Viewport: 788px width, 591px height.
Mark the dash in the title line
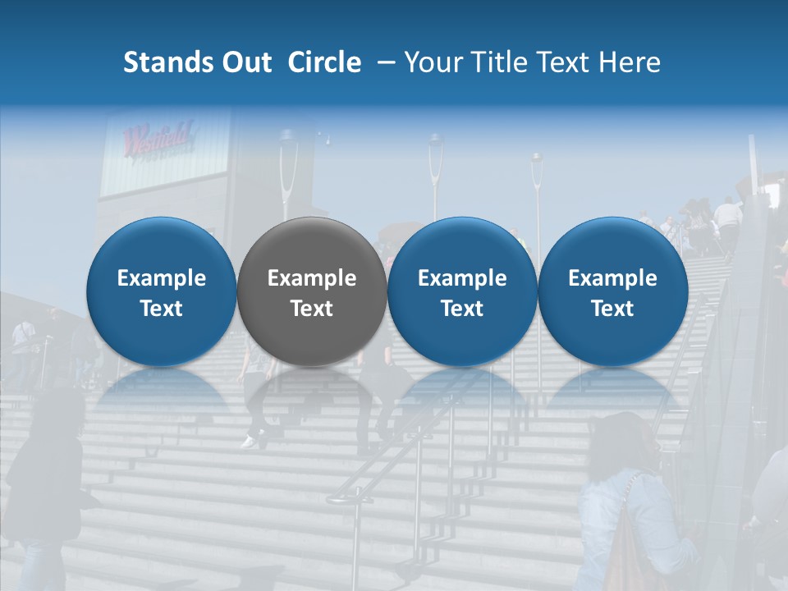(382, 63)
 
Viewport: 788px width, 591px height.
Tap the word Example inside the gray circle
(312, 278)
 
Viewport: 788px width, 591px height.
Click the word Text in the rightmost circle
(612, 309)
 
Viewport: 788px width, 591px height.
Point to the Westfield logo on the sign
(157, 139)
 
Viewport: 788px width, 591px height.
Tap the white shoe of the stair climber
(249, 442)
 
